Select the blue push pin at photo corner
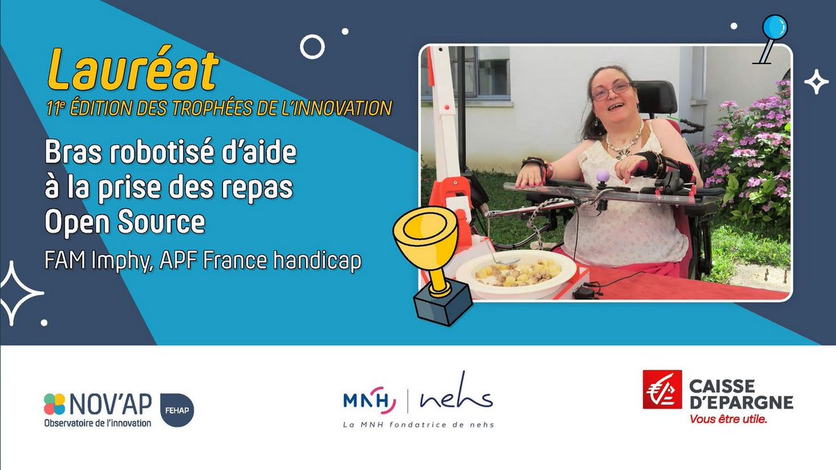(773, 29)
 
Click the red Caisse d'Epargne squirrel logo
(662, 389)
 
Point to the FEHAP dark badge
(177, 409)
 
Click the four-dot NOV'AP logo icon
(54, 404)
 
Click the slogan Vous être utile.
(728, 419)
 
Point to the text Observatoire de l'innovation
(98, 423)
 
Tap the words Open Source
(125, 223)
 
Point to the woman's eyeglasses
(611, 91)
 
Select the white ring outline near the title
(312, 47)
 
